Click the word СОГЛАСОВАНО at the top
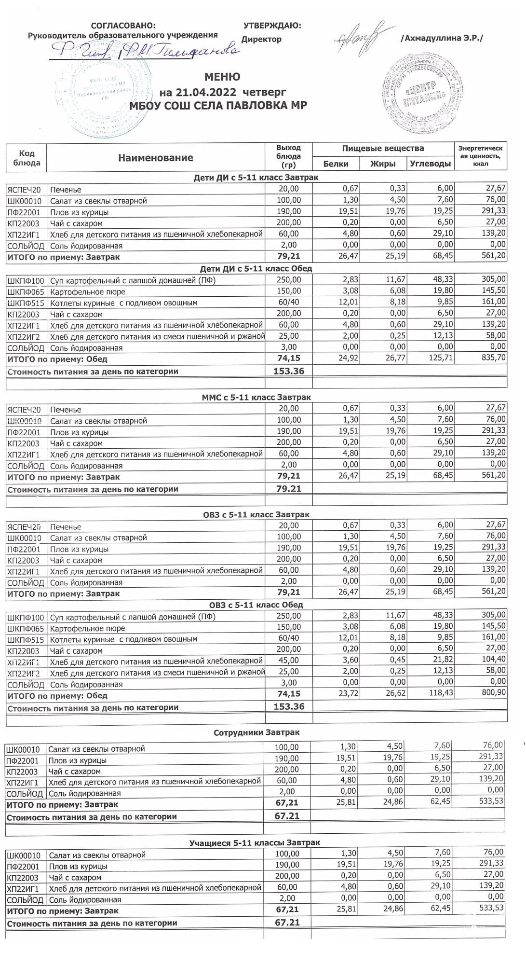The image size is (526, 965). [123, 25]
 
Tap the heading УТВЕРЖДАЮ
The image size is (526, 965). [272, 25]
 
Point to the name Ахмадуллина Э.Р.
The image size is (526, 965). [441, 39]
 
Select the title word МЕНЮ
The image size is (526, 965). [222, 77]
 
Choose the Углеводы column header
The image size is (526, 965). [430, 164]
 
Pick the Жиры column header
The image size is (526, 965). [383, 164]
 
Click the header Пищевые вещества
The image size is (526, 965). [383, 148]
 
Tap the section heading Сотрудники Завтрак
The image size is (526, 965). [256, 732]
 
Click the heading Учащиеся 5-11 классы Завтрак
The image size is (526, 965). [255, 842]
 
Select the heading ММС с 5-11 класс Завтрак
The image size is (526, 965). [256, 397]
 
